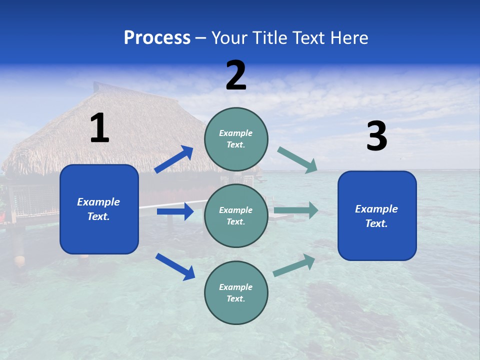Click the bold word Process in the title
point(157,38)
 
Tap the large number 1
point(99,128)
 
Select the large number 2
point(236,75)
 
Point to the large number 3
point(376,136)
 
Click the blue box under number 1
point(99,209)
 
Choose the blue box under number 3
point(377,215)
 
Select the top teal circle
point(236,139)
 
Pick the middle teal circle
point(236,215)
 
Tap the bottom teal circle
point(236,292)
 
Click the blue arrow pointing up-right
point(174,159)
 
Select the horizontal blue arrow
point(175,211)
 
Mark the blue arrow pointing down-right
point(175,266)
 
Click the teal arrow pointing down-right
point(297,160)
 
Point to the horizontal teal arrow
point(296,210)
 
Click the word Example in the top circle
point(236,133)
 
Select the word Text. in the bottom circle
point(236,298)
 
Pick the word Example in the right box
point(376,209)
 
